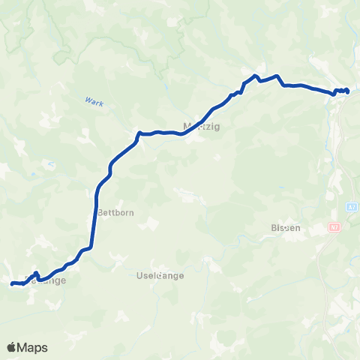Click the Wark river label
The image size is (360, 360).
point(93,101)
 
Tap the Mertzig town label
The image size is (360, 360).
point(199,126)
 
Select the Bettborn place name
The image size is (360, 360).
point(115,212)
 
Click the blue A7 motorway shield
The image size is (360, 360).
point(352,205)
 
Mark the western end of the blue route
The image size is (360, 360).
point(12,283)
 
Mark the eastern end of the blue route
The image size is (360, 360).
point(348,91)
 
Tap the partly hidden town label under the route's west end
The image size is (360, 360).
point(46,281)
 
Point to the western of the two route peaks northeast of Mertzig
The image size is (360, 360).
point(255,76)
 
